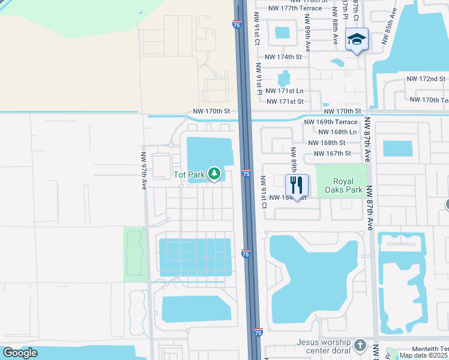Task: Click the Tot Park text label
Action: (188, 175)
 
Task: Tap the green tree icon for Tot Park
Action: (214, 175)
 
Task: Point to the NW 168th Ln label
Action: (337, 132)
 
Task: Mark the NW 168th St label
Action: (327, 143)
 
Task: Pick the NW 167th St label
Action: (334, 154)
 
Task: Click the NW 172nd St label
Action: (426, 79)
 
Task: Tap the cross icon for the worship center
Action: (360, 346)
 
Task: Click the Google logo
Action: (20, 353)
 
